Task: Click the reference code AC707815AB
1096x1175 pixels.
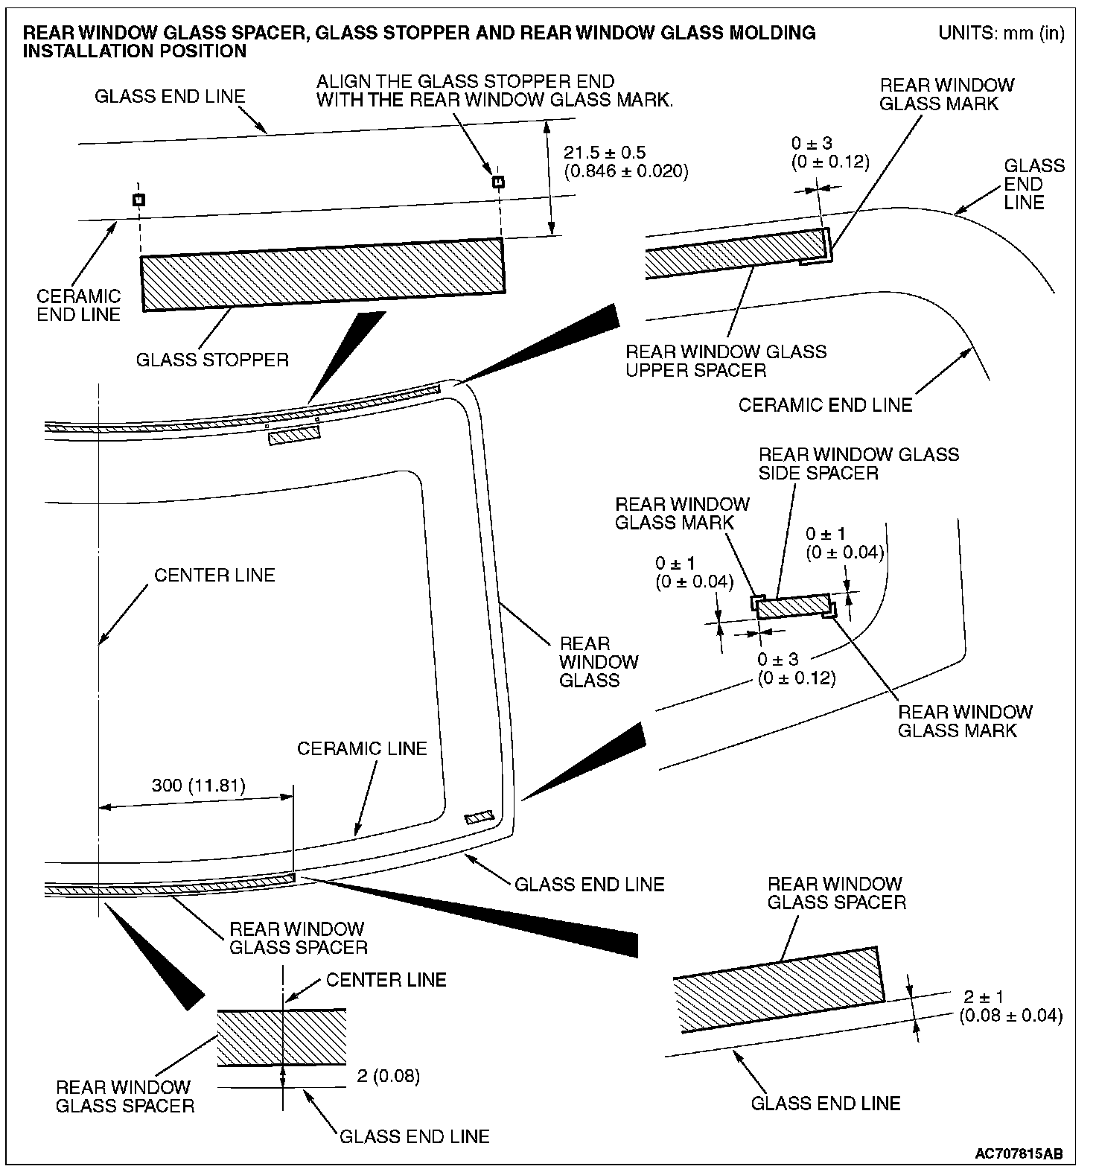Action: [1019, 1154]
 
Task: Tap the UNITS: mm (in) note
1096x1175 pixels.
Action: [1001, 33]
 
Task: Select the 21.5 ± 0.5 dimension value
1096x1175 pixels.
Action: [605, 153]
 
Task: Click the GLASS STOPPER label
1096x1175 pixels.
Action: [212, 360]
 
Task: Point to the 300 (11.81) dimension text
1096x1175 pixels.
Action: [199, 786]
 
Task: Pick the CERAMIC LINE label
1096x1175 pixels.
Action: [362, 748]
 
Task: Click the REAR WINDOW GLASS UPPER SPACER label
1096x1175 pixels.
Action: [726, 360]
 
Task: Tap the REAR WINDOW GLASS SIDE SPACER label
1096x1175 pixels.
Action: [858, 463]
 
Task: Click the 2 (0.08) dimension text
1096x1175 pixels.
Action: [389, 1076]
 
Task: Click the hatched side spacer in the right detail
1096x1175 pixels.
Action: [794, 606]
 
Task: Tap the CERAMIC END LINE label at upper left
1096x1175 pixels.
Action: [79, 305]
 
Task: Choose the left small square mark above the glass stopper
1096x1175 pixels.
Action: [138, 200]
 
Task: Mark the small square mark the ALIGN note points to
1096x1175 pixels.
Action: [498, 182]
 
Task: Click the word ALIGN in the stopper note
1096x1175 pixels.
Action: [341, 81]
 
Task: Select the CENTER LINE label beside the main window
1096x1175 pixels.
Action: [214, 575]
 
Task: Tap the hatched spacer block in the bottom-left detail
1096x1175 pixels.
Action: [281, 1037]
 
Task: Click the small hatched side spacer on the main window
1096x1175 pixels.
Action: [479, 818]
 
